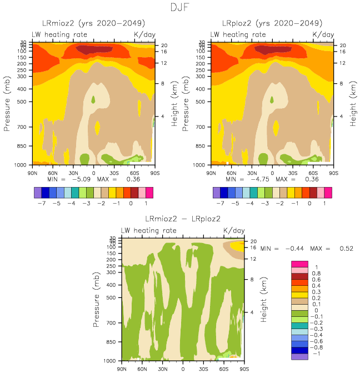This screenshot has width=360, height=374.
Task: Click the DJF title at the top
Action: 180,8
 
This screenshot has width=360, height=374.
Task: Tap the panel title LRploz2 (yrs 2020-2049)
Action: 272,23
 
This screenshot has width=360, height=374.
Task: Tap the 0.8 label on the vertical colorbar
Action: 316,273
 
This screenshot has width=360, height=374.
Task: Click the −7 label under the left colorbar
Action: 38,204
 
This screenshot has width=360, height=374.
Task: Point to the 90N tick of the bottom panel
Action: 122,368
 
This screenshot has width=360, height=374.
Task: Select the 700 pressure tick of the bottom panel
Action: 112,322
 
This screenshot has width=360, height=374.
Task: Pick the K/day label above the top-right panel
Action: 323,34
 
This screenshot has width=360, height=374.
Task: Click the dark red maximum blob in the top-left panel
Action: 91,50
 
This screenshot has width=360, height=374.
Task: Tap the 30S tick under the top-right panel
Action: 292,173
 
